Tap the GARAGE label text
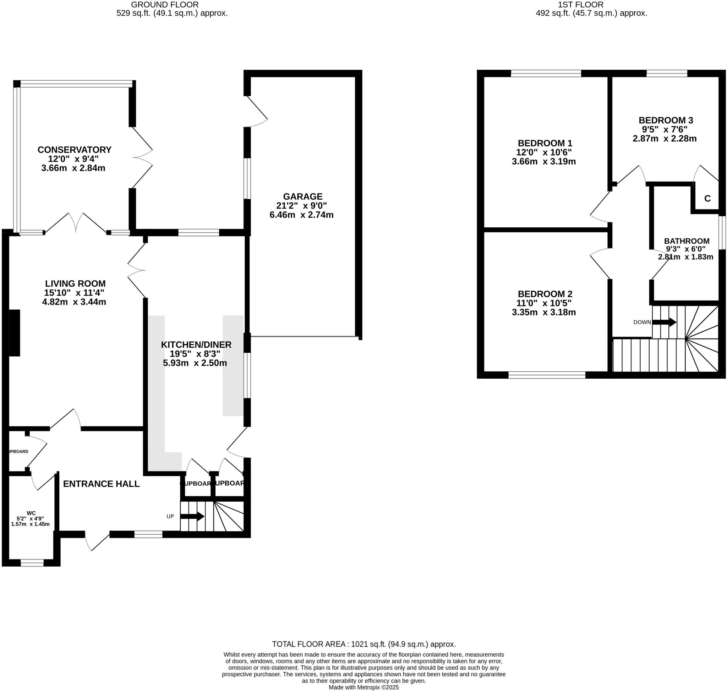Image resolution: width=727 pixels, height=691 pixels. click(x=302, y=197)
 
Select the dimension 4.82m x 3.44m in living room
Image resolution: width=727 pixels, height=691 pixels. click(x=74, y=302)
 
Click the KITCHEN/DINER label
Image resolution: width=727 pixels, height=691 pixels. click(x=196, y=345)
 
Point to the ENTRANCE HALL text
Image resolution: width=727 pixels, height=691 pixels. click(x=101, y=484)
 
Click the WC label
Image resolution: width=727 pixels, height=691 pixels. click(x=31, y=513)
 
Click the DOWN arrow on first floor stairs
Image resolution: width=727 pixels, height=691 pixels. click(x=664, y=322)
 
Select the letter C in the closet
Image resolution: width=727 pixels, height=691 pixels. click(x=707, y=199)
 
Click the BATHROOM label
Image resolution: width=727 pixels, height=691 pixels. click(x=687, y=241)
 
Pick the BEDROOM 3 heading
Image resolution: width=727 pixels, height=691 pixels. click(x=666, y=120)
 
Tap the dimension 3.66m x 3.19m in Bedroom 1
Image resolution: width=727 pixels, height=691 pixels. click(x=544, y=162)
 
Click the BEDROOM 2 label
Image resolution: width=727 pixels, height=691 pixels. click(x=545, y=294)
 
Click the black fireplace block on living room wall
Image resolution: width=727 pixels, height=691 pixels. click(x=14, y=333)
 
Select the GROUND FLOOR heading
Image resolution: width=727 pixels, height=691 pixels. click(x=165, y=5)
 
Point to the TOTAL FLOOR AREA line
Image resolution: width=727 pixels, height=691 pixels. click(x=364, y=644)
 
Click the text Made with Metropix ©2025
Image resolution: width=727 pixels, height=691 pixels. click(x=364, y=687)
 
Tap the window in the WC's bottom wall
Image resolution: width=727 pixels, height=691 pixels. click(x=32, y=563)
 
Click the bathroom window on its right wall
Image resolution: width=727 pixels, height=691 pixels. click(x=722, y=233)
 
